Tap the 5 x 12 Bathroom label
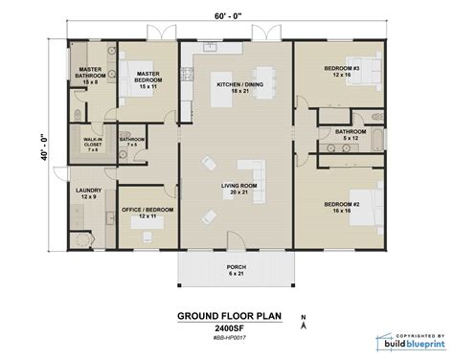coord(348,134)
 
